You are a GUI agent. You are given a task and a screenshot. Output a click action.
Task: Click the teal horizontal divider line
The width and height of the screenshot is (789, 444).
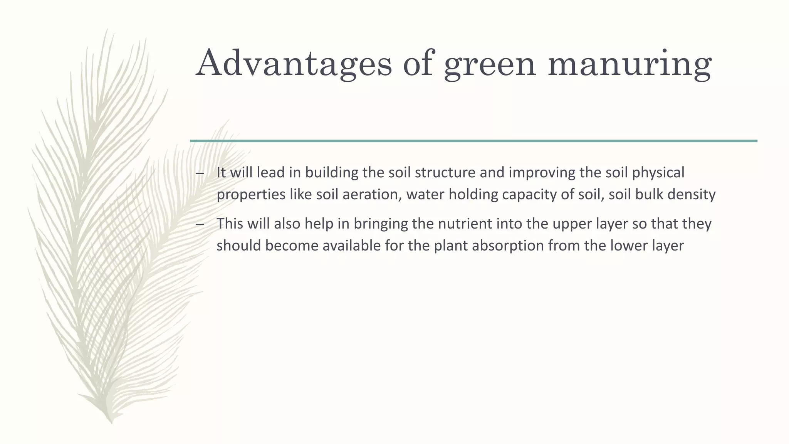(x=473, y=141)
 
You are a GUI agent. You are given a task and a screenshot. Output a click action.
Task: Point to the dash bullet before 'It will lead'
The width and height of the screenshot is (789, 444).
(x=200, y=173)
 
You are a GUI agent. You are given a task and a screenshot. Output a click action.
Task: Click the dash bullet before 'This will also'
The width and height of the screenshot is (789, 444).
(x=200, y=224)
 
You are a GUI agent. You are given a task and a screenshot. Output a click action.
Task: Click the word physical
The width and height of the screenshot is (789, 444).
(x=658, y=173)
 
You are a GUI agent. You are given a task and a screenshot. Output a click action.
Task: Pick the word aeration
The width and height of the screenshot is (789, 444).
(x=370, y=194)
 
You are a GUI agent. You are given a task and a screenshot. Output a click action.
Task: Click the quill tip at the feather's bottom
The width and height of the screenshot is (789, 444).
(x=111, y=422)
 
